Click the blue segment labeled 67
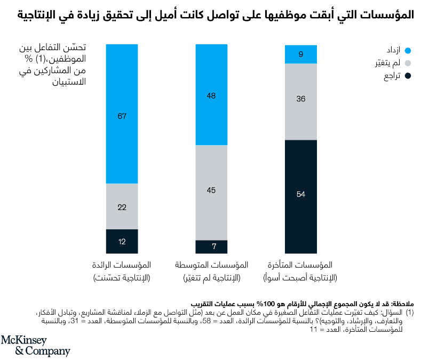pos(122,114)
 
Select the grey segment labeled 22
pos(122,206)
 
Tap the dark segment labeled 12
pos(122,241)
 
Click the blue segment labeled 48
pos(211,95)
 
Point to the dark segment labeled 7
pos(211,246)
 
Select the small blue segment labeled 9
pos(301,54)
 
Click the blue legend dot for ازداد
pos(408,51)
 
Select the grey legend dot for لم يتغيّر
pos(408,64)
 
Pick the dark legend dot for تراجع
pos(408,77)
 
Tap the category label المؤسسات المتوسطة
pos(212,265)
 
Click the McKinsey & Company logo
pos(35,346)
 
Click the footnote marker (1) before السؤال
pos(410,311)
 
